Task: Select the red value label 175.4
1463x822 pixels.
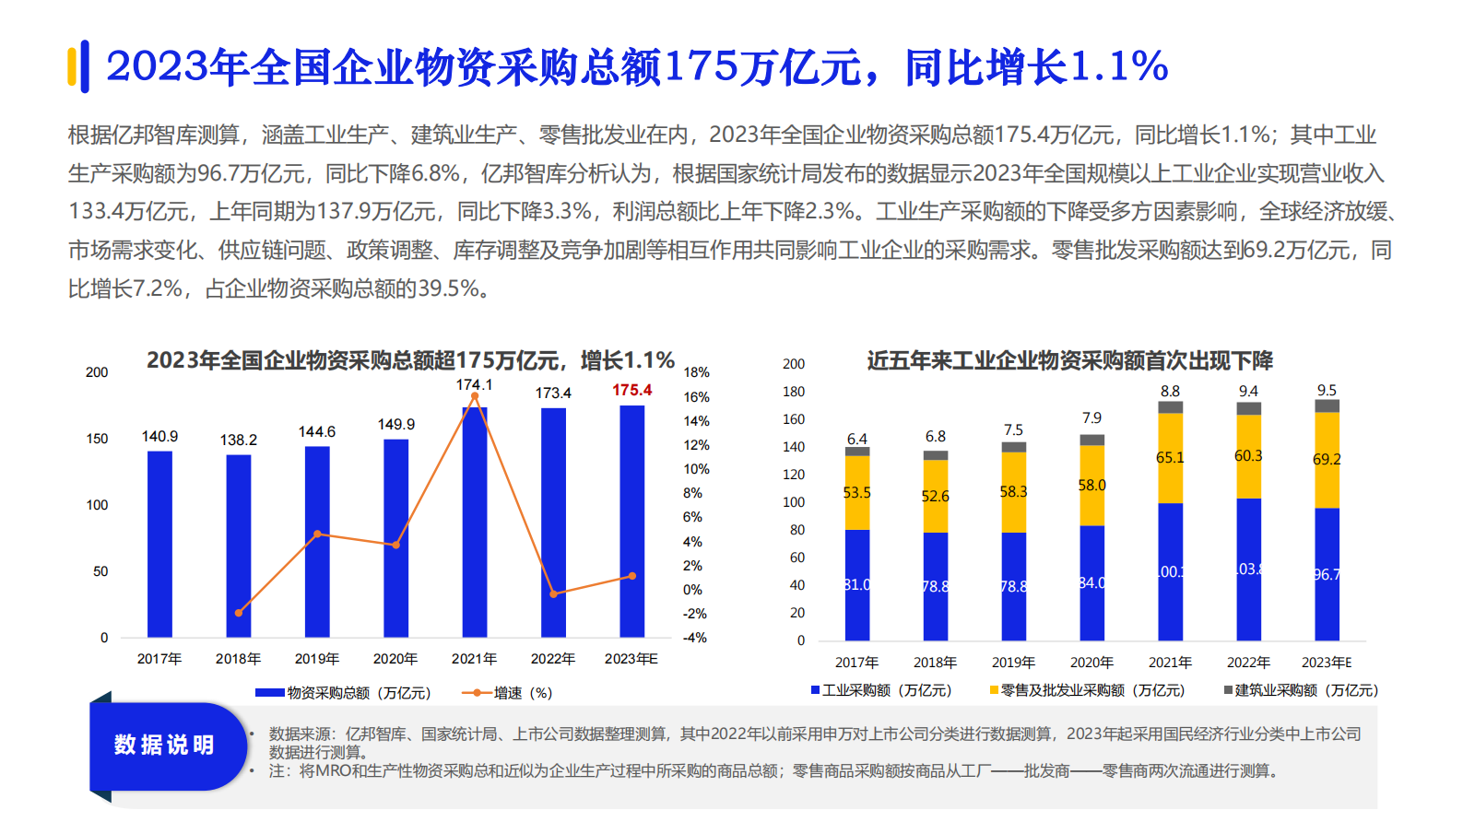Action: point(631,390)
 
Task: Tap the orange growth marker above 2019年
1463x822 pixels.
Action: point(317,534)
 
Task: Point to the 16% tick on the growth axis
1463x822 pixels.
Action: point(696,397)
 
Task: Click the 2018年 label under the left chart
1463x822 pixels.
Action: point(238,659)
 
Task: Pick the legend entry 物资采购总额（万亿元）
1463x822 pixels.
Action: point(343,692)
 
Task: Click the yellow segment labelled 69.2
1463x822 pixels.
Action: point(1327,460)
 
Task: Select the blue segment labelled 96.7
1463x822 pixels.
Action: point(1327,574)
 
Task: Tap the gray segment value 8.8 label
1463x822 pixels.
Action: point(1170,391)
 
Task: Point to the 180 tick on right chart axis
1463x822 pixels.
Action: point(794,392)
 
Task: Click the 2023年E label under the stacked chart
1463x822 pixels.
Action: point(1326,663)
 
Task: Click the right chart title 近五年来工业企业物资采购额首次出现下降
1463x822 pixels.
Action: point(1069,360)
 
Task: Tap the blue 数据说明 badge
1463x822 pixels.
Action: point(164,745)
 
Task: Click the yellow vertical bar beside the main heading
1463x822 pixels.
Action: point(72,66)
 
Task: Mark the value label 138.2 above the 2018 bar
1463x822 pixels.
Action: point(238,440)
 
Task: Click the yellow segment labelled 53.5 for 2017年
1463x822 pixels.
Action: point(856,493)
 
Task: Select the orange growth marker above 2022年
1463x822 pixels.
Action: point(553,594)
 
